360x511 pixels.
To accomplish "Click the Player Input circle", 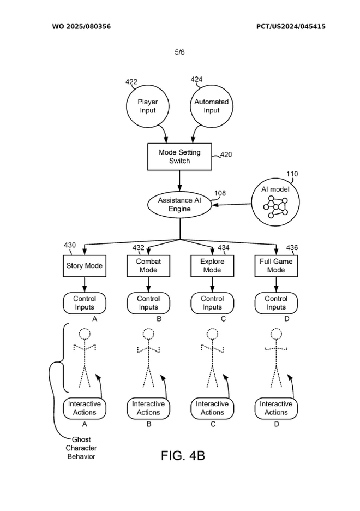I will (147, 106).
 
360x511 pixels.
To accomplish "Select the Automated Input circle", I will (211, 106).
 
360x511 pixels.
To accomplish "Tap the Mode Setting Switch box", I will (179, 157).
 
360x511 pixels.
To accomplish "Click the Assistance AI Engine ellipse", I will (179, 205).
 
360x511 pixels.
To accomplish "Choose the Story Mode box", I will (85, 266).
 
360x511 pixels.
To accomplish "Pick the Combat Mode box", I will (148, 266).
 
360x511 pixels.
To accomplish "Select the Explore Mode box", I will (212, 266).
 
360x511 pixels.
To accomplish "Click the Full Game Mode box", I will (276, 266).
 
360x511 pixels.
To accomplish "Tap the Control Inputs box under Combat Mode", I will (148, 303).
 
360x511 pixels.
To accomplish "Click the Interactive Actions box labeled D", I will (276, 408).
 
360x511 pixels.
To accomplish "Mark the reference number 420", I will (225, 155).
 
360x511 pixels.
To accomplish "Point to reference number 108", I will (220, 193).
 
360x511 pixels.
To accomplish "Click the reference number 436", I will (292, 248).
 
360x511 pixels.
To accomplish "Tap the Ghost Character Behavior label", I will (81, 448).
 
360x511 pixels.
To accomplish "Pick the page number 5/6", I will (179, 52).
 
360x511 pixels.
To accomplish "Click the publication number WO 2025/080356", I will (81, 26).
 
